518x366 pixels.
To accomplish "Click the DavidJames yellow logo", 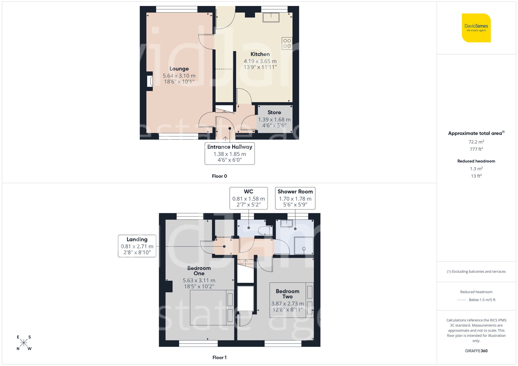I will [x=476, y=28].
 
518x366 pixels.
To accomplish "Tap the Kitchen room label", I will [x=260, y=54].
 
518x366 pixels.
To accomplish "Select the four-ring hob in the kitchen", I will [x=287, y=43].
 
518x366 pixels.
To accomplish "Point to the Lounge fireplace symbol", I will [x=150, y=81].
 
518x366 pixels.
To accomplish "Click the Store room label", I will [x=274, y=113].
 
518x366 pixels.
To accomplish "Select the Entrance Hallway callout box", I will [x=230, y=153].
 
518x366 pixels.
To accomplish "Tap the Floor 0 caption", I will [x=219, y=176].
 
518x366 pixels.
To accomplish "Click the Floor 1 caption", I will [x=219, y=357].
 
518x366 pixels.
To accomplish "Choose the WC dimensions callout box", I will [x=249, y=198].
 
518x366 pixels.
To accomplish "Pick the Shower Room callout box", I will [x=295, y=198].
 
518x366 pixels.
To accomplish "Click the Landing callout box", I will [x=137, y=246].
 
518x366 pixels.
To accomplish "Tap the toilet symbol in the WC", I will [x=265, y=230].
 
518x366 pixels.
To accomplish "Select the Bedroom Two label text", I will [x=287, y=294].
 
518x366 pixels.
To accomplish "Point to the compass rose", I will [x=24, y=343].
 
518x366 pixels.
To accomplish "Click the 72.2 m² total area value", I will [x=476, y=142].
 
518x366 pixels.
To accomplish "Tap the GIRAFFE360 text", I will [x=476, y=351].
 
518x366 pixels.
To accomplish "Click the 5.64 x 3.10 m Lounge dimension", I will [x=179, y=76].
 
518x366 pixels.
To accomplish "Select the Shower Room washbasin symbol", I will [x=286, y=223].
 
